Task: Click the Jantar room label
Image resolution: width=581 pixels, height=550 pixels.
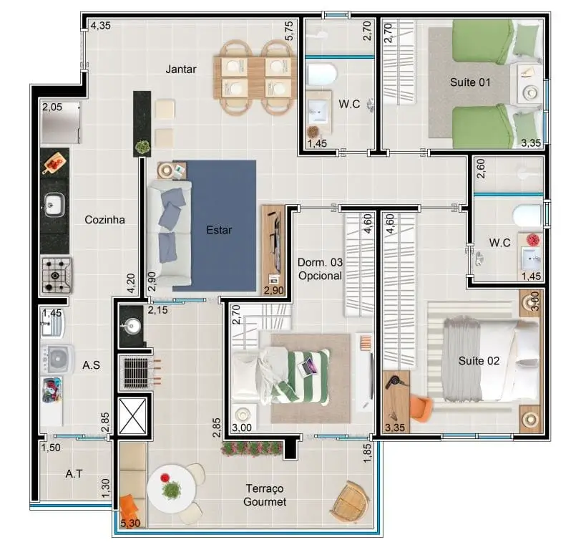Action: click(x=181, y=69)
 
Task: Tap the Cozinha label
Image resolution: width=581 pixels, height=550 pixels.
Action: click(x=105, y=220)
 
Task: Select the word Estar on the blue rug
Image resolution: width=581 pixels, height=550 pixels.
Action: click(x=219, y=230)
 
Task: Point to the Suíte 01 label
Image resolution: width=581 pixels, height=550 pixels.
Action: click(x=470, y=82)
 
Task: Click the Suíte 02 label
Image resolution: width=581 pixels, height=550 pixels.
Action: click(x=479, y=360)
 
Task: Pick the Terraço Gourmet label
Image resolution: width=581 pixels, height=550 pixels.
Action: click(x=265, y=495)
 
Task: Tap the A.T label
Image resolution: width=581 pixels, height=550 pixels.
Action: click(x=74, y=473)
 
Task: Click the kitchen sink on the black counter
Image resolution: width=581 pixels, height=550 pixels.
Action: click(x=54, y=204)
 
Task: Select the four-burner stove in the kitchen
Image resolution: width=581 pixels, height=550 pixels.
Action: click(x=57, y=276)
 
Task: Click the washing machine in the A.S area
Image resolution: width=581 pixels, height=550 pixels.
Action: click(x=57, y=359)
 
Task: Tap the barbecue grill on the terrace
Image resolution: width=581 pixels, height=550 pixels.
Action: click(x=136, y=372)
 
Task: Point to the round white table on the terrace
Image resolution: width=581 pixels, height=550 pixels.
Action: click(x=171, y=489)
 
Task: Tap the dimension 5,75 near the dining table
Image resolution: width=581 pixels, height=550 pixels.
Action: click(x=289, y=31)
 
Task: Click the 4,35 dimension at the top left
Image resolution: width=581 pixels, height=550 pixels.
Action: click(x=100, y=26)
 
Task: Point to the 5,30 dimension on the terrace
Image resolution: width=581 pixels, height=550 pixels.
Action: click(x=130, y=524)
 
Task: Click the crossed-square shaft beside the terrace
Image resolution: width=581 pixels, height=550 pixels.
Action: click(x=132, y=416)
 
